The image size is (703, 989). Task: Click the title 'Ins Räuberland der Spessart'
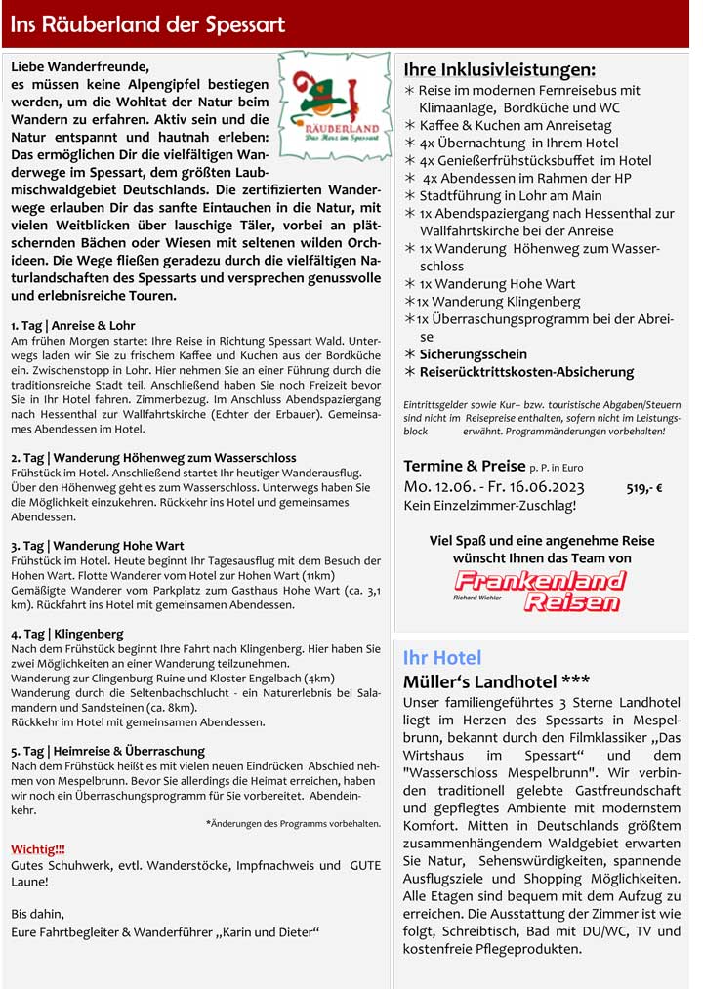pyautogui.click(x=148, y=24)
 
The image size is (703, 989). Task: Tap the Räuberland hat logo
pyautogui.click(x=335, y=105)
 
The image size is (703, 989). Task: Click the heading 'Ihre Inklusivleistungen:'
pyautogui.click(x=499, y=69)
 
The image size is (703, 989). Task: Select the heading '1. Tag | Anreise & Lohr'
pyautogui.click(x=73, y=325)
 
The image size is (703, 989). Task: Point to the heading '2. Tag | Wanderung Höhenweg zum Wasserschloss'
pyautogui.click(x=153, y=457)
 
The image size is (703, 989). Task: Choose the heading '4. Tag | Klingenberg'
pyautogui.click(x=67, y=634)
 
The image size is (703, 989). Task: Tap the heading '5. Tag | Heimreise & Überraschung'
pyautogui.click(x=107, y=751)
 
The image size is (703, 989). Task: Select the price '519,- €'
pyautogui.click(x=644, y=488)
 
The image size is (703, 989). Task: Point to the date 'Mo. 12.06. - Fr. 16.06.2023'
pyautogui.click(x=494, y=487)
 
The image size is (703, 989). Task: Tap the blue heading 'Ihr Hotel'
pyautogui.click(x=442, y=657)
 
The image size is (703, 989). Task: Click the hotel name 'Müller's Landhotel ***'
pyautogui.click(x=496, y=680)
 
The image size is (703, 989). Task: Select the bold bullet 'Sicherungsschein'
pyautogui.click(x=473, y=354)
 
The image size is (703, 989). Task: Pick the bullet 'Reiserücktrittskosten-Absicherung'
pyautogui.click(x=526, y=372)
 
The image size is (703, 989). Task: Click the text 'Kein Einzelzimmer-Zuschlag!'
pyautogui.click(x=489, y=506)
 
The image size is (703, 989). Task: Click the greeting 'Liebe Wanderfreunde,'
pyautogui.click(x=80, y=67)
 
